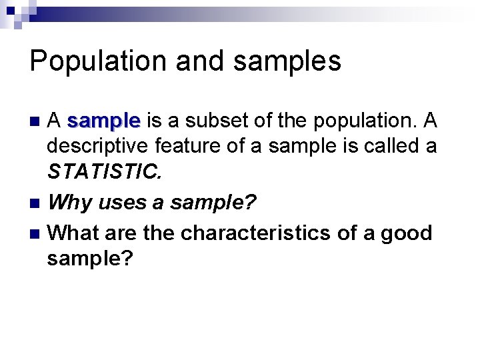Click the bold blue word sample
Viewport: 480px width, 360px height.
[103, 121]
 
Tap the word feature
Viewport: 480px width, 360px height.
[186, 145]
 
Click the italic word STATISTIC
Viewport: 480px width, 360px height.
[104, 173]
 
